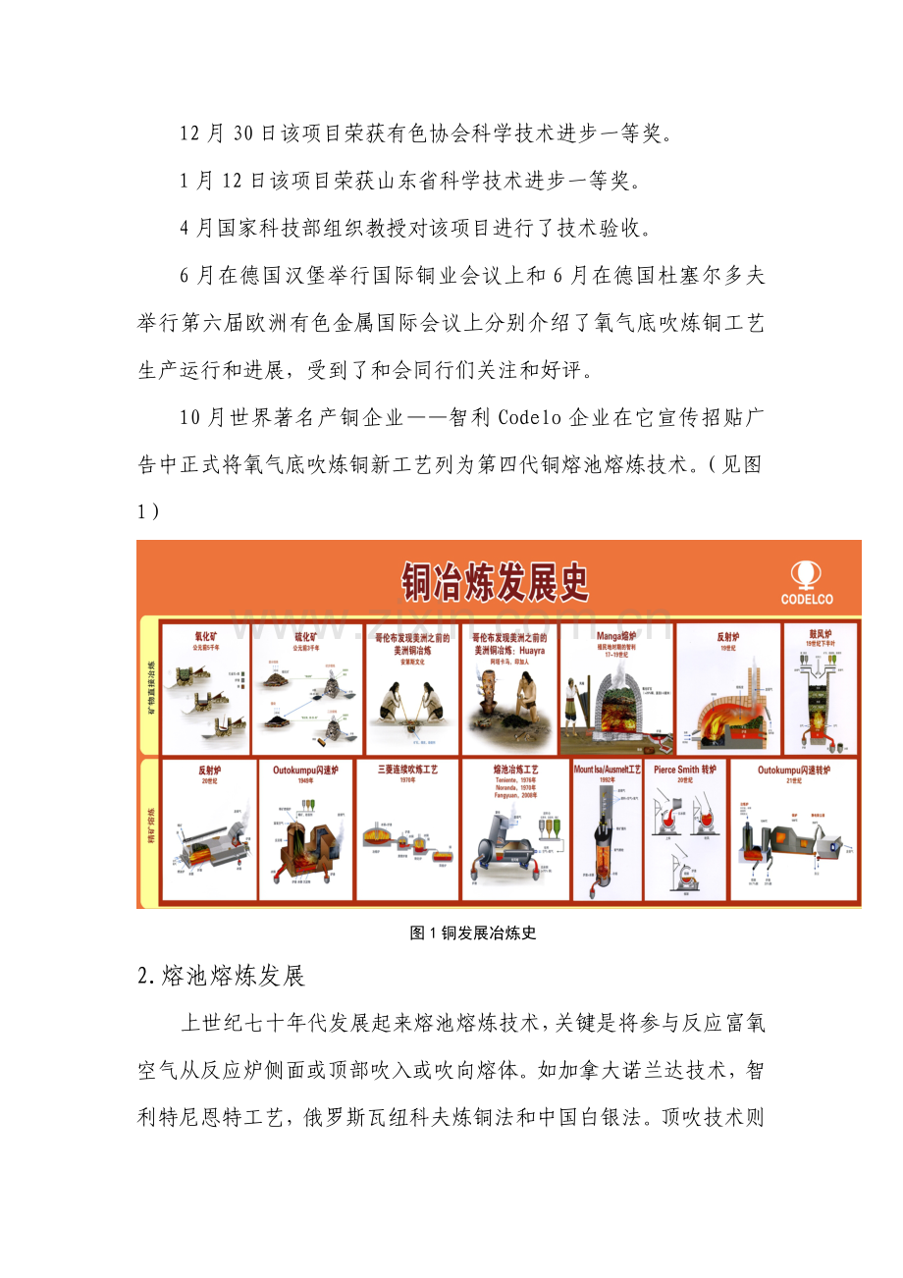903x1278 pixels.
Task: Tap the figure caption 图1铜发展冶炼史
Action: point(473,933)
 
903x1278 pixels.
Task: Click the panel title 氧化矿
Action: point(204,636)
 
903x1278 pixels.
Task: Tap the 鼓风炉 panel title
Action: point(820,633)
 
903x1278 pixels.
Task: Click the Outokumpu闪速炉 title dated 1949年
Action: point(305,770)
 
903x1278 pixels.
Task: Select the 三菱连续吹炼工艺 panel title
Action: point(406,770)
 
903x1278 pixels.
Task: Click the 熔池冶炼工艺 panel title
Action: point(514,770)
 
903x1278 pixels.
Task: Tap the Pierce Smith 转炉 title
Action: point(685,770)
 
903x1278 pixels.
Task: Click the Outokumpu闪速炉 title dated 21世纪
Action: point(793,770)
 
